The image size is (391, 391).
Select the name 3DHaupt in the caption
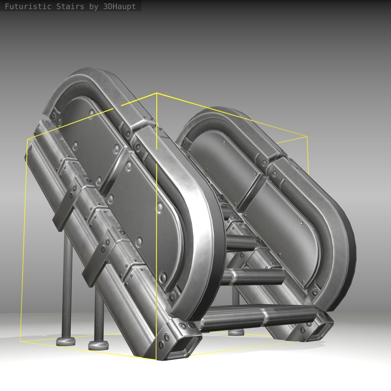coord(119,6)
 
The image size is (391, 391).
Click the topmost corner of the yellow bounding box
coord(156,93)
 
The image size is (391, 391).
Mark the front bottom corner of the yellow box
coord(156,360)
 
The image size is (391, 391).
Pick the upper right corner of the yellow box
coord(307,136)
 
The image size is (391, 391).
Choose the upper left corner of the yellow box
coord(27,139)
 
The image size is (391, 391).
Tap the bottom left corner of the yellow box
coord(20,341)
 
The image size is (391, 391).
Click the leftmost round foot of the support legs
coord(65,341)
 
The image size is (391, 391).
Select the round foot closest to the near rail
coord(98,345)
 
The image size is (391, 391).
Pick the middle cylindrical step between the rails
coord(253,276)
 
